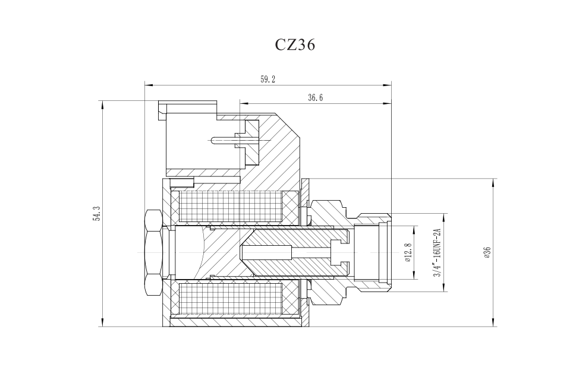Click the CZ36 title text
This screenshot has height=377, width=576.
[295, 45]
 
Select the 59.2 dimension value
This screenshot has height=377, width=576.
[267, 80]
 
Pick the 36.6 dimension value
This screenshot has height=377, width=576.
[315, 98]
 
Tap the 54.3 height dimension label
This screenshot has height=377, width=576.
[96, 213]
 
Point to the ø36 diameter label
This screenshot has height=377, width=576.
[487, 252]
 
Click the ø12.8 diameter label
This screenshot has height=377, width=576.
[408, 252]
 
